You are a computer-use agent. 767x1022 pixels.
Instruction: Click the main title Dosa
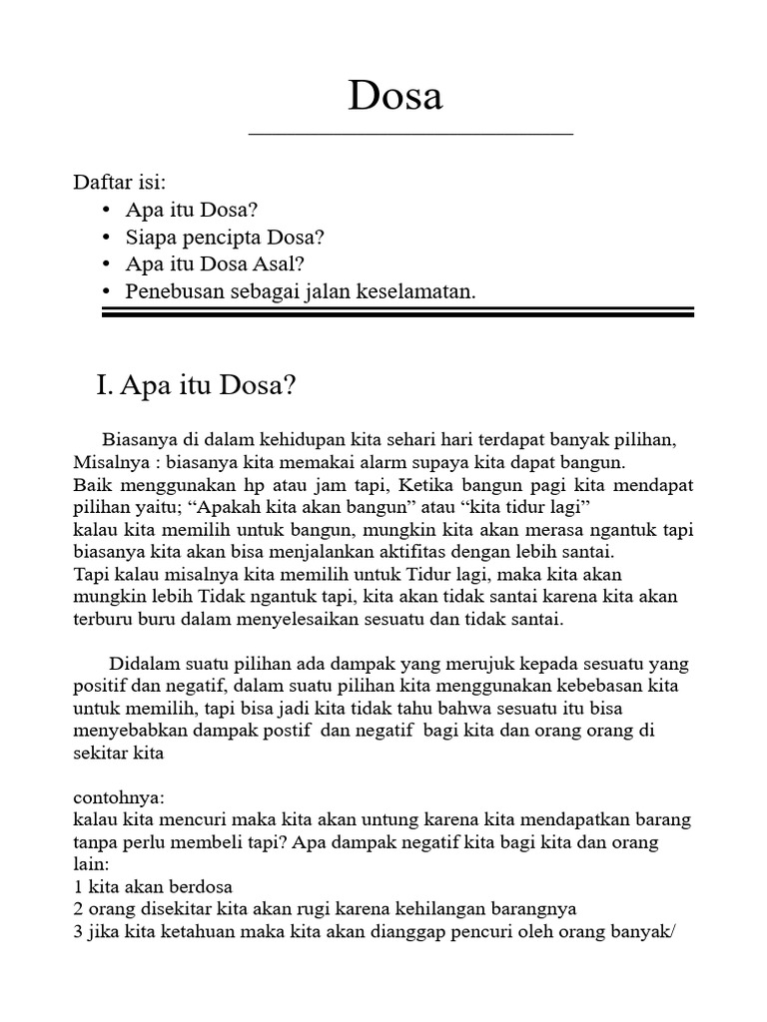(x=395, y=96)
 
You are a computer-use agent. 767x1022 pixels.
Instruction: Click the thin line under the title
(x=410, y=134)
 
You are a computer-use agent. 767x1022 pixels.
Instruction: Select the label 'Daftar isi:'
(x=120, y=183)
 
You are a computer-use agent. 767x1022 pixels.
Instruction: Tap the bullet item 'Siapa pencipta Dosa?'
(x=226, y=238)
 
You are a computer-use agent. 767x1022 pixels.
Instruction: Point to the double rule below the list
(x=397, y=313)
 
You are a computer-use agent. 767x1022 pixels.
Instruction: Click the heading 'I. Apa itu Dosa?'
(x=196, y=386)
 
